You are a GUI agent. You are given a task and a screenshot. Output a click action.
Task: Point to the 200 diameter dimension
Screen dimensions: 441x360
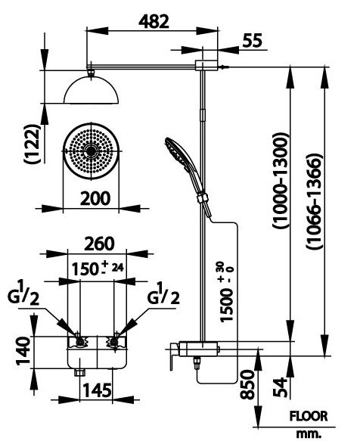tap(93, 198)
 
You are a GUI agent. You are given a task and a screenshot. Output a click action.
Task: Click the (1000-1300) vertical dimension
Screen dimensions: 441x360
tap(280, 182)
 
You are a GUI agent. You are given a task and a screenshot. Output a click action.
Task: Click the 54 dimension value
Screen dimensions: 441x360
tap(282, 387)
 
